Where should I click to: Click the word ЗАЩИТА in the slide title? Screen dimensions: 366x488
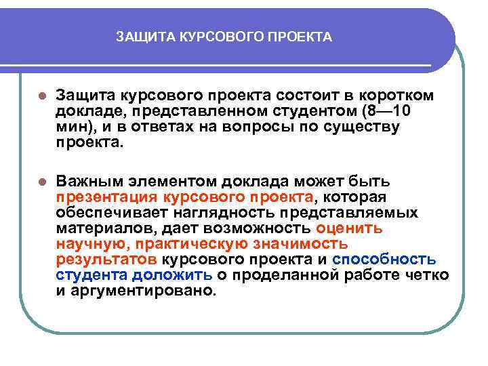tap(138, 37)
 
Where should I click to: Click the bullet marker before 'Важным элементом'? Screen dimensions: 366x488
tap(41, 182)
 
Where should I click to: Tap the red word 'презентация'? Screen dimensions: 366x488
tap(106, 197)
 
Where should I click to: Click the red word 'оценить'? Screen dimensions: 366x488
tap(349, 228)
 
